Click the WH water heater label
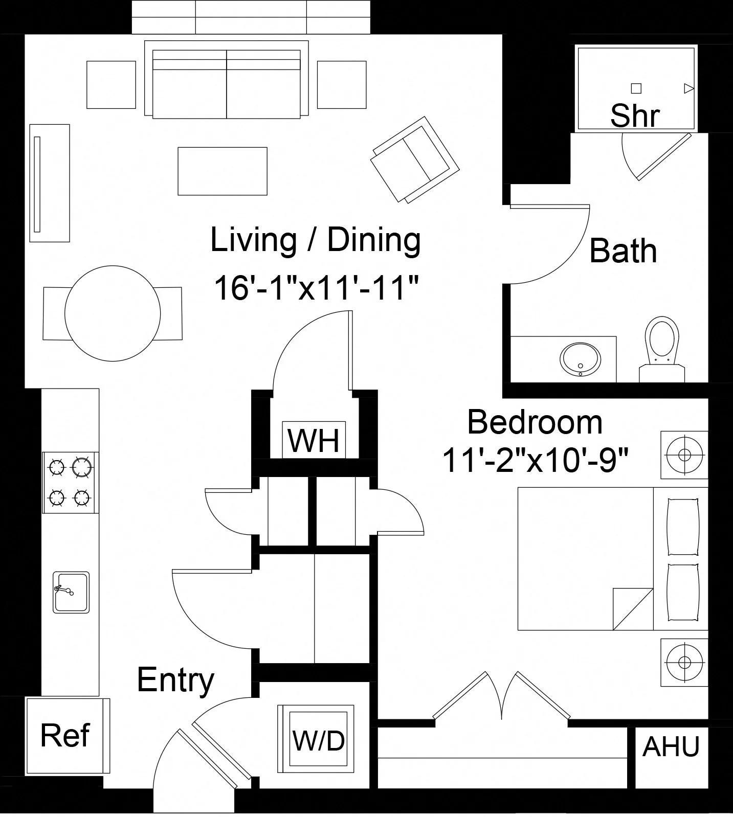click(x=314, y=440)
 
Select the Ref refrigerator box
click(x=67, y=736)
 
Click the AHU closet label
click(x=671, y=747)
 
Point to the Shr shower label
click(x=635, y=116)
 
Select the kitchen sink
click(x=71, y=593)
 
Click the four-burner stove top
click(x=71, y=482)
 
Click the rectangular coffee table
click(x=223, y=171)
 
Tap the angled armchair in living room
click(x=415, y=160)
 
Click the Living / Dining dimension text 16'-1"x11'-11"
click(x=317, y=288)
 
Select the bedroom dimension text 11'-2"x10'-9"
click(x=535, y=460)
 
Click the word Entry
click(x=175, y=680)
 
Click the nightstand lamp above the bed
click(x=684, y=455)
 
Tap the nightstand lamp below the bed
click(x=684, y=662)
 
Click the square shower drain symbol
click(x=636, y=88)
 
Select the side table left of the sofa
click(x=111, y=85)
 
